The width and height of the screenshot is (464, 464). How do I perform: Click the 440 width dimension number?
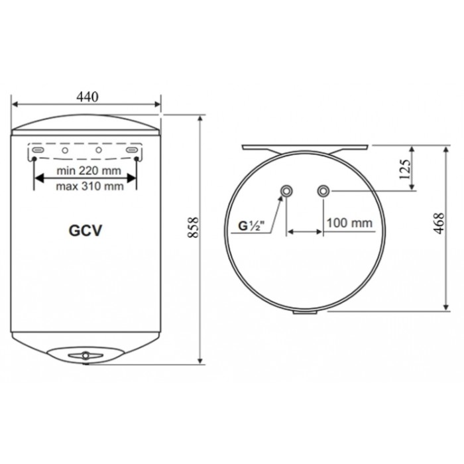(87, 97)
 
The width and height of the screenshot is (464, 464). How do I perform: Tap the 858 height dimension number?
(193, 227)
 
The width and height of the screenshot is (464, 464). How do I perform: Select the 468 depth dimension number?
(439, 223)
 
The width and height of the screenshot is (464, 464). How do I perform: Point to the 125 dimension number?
(405, 169)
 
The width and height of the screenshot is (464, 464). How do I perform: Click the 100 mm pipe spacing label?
(349, 223)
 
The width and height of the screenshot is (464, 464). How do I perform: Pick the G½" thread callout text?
(251, 226)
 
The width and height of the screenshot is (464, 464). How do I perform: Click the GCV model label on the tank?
(86, 231)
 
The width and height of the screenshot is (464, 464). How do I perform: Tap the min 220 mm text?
(89, 171)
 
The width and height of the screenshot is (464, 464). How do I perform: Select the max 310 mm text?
(89, 186)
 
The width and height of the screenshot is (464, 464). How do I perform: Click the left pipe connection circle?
(286, 191)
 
